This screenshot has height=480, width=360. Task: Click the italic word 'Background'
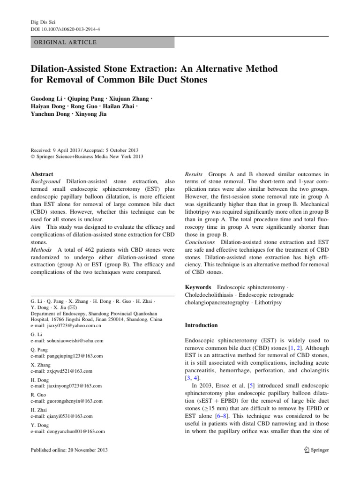(x=46, y=181)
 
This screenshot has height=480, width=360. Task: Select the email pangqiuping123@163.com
(x=66, y=356)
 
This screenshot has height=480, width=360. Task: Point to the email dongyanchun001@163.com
(x=67, y=431)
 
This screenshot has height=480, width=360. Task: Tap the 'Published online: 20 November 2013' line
(x=69, y=450)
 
